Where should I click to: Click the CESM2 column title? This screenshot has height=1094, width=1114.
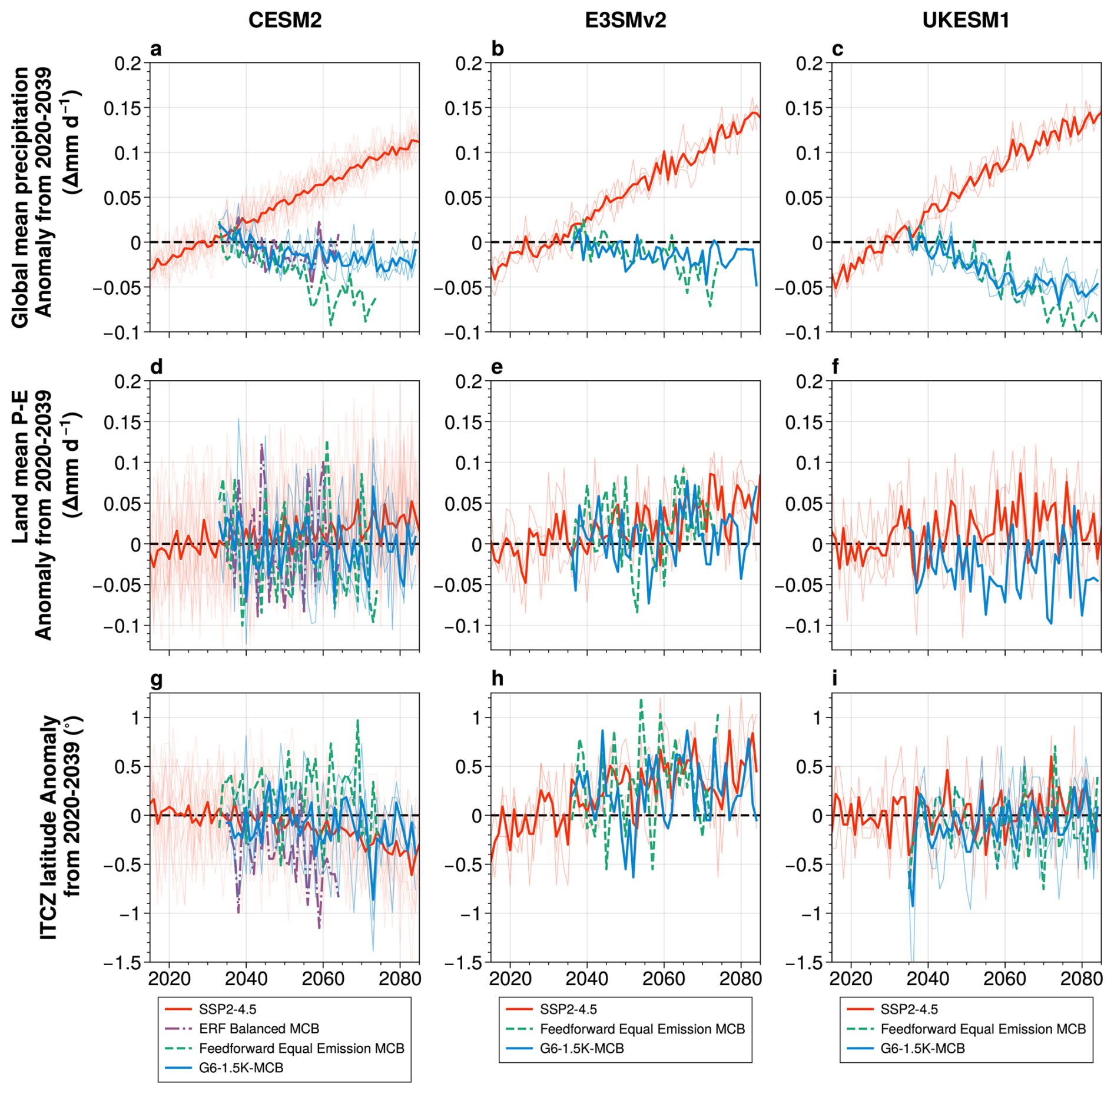pyautogui.click(x=284, y=21)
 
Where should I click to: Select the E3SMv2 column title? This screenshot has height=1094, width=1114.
pyautogui.click(x=625, y=21)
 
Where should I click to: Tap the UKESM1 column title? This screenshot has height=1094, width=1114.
pyautogui.click(x=966, y=21)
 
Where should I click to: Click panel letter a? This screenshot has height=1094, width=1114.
pyautogui.click(x=156, y=49)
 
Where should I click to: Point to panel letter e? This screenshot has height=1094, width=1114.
pyautogui.click(x=497, y=367)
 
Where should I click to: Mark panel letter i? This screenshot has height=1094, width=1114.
pyautogui.click(x=835, y=679)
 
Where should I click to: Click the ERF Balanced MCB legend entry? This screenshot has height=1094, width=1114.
pyautogui.click(x=259, y=1028)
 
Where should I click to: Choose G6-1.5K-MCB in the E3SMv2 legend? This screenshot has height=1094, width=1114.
pyautogui.click(x=582, y=1048)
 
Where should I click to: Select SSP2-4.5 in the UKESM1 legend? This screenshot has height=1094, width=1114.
pyautogui.click(x=909, y=1009)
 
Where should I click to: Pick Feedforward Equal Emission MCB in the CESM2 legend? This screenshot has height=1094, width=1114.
pyautogui.click(x=301, y=1048)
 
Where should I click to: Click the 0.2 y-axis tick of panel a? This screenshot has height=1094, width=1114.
pyautogui.click(x=128, y=64)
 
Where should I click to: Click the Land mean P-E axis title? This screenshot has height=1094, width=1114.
pyautogui.click(x=44, y=515)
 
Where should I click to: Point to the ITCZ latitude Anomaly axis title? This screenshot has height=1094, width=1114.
pyautogui.click(x=59, y=827)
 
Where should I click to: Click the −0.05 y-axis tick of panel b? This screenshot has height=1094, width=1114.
pyautogui.click(x=457, y=288)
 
